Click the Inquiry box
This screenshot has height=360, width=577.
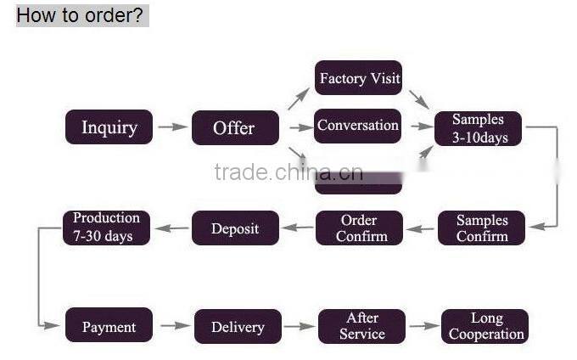click(109, 127)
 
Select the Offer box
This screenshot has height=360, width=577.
click(234, 127)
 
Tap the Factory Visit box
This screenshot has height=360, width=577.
click(358, 78)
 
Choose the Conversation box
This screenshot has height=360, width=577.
click(358, 126)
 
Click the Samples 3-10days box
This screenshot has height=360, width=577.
click(478, 128)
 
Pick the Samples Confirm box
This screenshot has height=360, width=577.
click(482, 228)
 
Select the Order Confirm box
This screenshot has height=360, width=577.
click(359, 228)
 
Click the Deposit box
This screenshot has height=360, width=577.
click(234, 228)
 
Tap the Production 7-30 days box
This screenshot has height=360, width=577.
click(107, 228)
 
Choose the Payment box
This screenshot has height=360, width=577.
click(109, 327)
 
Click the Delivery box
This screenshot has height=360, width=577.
click(238, 327)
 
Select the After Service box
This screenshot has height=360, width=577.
click(362, 326)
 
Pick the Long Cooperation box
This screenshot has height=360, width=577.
click(485, 326)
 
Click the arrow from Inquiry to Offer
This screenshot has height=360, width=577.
click(172, 127)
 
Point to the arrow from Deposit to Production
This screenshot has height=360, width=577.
click(171, 228)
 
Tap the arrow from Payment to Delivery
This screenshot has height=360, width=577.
click(175, 326)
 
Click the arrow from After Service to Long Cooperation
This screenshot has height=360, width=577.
click(423, 326)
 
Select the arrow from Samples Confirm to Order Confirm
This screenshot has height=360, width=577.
click(421, 228)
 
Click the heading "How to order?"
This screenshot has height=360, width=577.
click(81, 14)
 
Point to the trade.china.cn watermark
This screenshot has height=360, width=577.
click(288, 173)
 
